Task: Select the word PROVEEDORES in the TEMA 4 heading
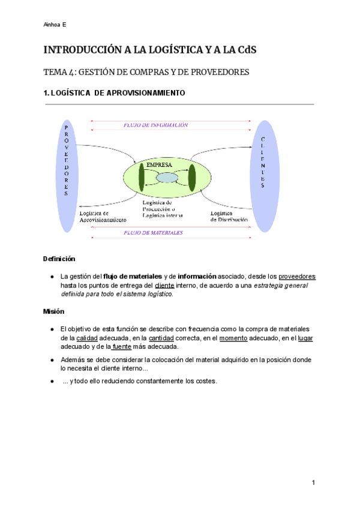(212, 73)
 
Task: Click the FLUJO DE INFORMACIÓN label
(155, 125)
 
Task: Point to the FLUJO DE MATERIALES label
(153, 232)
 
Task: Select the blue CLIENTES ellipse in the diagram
(263, 163)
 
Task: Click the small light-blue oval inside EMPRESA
(167, 178)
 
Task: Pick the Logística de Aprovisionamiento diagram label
(103, 216)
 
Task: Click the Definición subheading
(59, 259)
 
